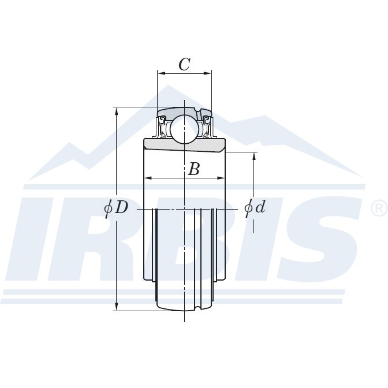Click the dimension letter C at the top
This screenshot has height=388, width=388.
[x=184, y=64]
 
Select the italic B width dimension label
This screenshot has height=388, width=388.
[x=194, y=169]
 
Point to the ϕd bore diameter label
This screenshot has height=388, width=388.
[x=255, y=207]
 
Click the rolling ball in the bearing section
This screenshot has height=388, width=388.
[x=184, y=129]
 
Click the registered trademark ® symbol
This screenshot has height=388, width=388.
[x=378, y=207]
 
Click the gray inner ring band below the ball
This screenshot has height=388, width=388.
[x=184, y=145]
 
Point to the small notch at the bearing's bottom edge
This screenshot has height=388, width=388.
[x=200, y=308]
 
